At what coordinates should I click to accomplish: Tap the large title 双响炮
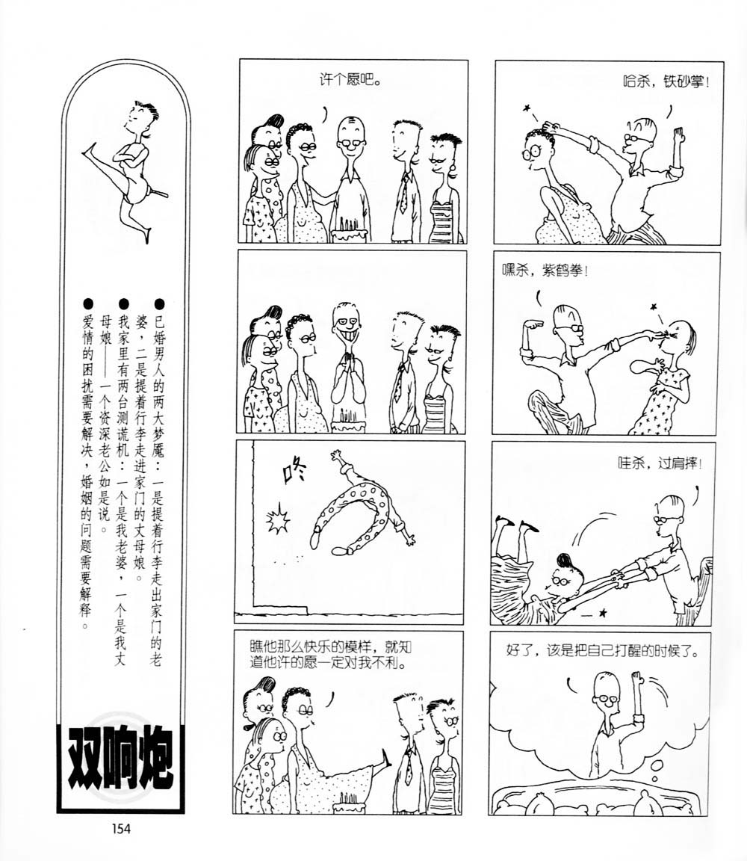point(120,766)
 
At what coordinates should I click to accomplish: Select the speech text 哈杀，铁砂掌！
point(666,82)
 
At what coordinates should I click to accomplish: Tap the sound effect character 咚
point(293,471)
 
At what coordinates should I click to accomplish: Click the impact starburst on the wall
point(277,519)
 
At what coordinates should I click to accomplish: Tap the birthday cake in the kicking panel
point(350,804)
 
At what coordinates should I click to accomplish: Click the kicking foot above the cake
point(386,760)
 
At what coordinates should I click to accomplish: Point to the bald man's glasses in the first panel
point(351,142)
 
